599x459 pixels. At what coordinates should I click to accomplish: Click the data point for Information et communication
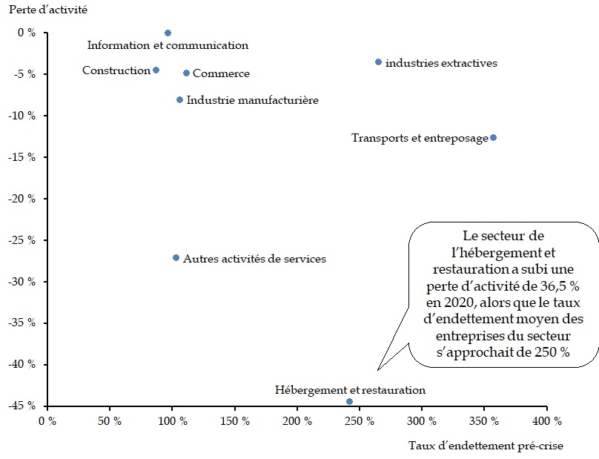pos(168,33)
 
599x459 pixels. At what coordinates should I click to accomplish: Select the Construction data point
pos(156,70)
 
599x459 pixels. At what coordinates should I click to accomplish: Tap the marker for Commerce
pos(186,73)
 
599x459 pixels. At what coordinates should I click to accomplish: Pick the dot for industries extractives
pos(378,62)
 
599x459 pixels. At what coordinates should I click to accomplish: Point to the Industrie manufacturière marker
pos(179,99)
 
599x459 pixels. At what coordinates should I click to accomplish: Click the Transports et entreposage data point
pos(493,137)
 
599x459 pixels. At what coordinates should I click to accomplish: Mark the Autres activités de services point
pos(176,257)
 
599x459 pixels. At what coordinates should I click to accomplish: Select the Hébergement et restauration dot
pos(349,401)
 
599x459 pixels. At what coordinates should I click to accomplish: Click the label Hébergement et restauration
pos(350,389)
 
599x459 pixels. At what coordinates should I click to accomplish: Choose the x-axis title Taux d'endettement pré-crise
pos(486,446)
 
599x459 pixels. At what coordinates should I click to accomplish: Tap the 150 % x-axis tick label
pos(235,421)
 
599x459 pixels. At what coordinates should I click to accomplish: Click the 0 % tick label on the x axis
pos(48,421)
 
